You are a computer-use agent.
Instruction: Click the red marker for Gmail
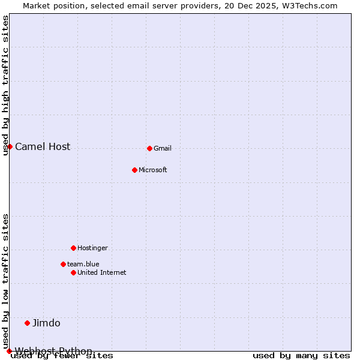(x=149, y=148)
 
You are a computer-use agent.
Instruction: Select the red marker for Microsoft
(x=134, y=170)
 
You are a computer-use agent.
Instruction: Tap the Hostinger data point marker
(x=73, y=248)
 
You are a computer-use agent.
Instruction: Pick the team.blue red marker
(x=63, y=264)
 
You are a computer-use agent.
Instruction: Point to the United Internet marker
(x=73, y=272)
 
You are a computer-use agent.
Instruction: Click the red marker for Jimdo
(x=27, y=323)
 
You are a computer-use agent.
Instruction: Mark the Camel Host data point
(x=10, y=146)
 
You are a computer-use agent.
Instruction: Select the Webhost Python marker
(x=9, y=351)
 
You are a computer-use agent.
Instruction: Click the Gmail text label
(x=163, y=149)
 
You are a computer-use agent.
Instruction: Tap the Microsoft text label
(x=153, y=170)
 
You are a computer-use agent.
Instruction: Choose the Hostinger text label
(x=92, y=248)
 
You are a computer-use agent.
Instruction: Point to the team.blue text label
(x=83, y=265)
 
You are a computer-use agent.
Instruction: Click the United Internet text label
(x=102, y=273)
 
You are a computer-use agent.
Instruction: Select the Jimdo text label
(x=46, y=323)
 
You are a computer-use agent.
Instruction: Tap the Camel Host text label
(x=43, y=147)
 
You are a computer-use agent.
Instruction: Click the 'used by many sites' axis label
(x=301, y=356)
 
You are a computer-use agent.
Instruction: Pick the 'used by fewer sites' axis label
(x=62, y=356)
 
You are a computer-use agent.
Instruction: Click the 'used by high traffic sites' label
(x=6, y=85)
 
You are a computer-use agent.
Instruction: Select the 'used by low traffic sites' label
(x=6, y=281)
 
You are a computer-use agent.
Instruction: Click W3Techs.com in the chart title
(x=309, y=6)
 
